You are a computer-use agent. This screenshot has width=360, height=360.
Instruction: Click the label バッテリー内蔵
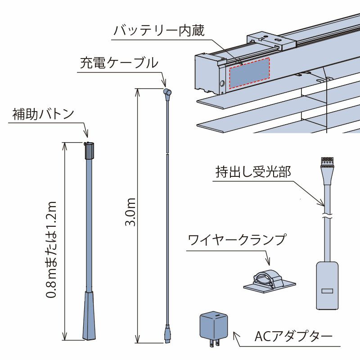pyautogui.click(x=159, y=31)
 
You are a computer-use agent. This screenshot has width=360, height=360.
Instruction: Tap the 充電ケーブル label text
pyautogui.click(x=119, y=63)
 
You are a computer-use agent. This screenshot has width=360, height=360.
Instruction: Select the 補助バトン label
pyautogui.click(x=43, y=114)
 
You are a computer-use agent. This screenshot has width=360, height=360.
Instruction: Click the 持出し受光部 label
pyautogui.click(x=253, y=172)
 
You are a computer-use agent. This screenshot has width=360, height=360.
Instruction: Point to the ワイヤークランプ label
pyautogui.click(x=237, y=239)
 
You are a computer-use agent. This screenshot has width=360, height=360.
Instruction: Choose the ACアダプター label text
pyautogui.click(x=293, y=336)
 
